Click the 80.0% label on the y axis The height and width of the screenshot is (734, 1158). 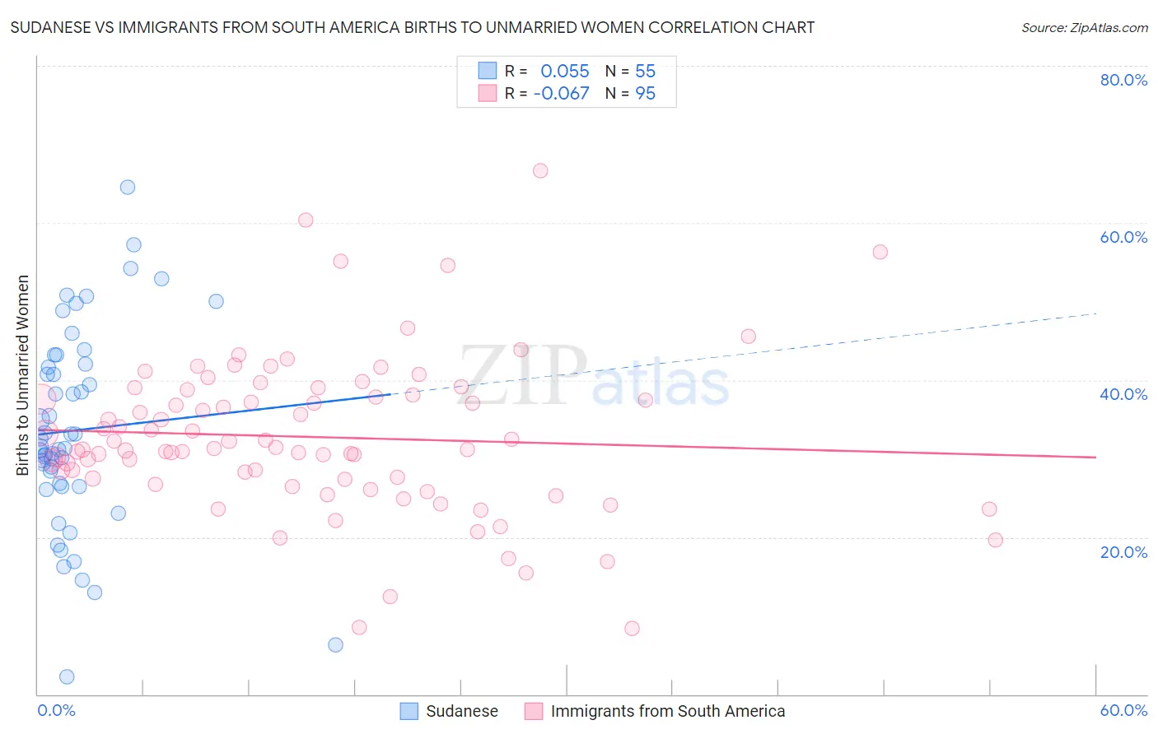tap(1123, 80)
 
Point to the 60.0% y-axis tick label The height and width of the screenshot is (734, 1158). tap(1123, 237)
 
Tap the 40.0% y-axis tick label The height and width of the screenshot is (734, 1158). tap(1123, 394)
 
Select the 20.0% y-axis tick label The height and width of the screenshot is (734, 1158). tap(1123, 552)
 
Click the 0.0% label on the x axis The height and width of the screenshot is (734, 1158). tap(56, 710)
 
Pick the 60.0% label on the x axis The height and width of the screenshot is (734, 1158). tap(1123, 710)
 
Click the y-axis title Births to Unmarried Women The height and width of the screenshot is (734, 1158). tap(22, 375)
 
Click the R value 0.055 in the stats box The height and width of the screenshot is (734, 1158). tap(564, 71)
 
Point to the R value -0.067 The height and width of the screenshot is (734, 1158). tap(561, 93)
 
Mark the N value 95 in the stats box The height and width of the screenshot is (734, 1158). tap(645, 93)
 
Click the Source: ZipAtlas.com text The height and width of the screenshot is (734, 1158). tap(1084, 28)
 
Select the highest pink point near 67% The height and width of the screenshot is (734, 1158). tap(540, 170)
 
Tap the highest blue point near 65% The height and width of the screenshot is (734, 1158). tap(128, 187)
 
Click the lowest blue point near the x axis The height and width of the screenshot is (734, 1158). tap(67, 676)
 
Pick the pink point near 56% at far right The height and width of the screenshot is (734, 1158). tap(880, 252)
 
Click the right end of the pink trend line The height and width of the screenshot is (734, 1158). tap(1095, 457)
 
